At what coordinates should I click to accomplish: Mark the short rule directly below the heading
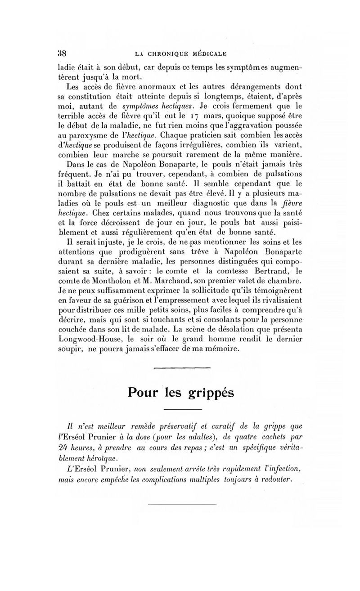181,409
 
